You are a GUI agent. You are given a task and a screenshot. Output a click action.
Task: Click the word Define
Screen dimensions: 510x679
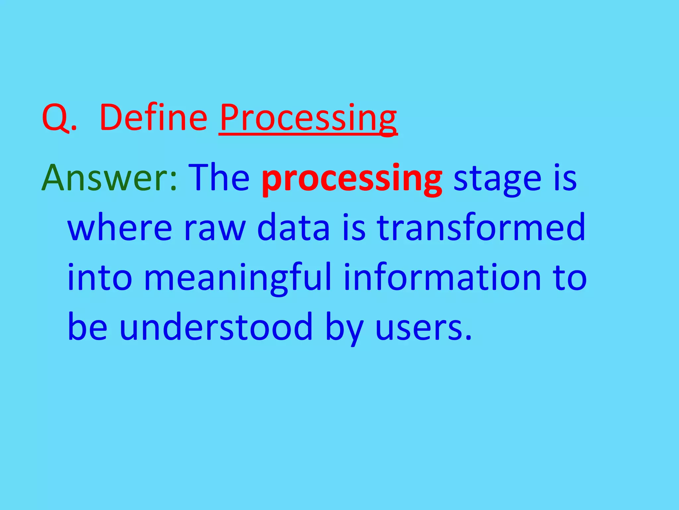[153, 118]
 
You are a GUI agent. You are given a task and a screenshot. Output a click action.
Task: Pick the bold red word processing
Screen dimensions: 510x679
[352, 180]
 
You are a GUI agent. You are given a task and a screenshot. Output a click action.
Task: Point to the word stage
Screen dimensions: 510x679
[497, 180]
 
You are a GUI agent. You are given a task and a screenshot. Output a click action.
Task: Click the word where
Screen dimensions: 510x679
[120, 228]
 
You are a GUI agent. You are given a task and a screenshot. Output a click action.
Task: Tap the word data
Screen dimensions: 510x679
[293, 228]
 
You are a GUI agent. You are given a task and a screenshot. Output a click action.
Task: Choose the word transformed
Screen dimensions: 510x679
[481, 228]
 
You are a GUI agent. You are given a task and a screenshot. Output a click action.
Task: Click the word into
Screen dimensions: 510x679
[99, 278]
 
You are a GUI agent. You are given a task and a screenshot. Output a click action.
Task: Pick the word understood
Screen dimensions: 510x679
[216, 327]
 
